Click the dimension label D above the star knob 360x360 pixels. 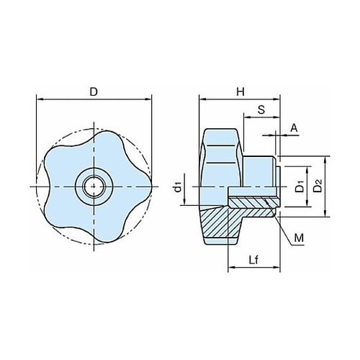(94, 91)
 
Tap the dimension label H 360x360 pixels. (240, 91)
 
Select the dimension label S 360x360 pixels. (261, 110)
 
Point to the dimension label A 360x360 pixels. (294, 128)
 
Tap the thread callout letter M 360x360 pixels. (299, 238)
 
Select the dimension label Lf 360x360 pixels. (253, 260)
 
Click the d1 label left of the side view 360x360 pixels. (178, 187)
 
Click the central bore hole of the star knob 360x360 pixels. (94, 186)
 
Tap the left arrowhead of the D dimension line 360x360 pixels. (39, 99)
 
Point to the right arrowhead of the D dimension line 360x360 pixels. (149, 99)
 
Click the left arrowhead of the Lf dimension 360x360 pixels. (231, 267)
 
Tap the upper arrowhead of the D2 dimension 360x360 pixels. (325, 160)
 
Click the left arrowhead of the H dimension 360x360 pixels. (202, 99)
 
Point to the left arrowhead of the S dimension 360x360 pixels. (247, 117)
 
